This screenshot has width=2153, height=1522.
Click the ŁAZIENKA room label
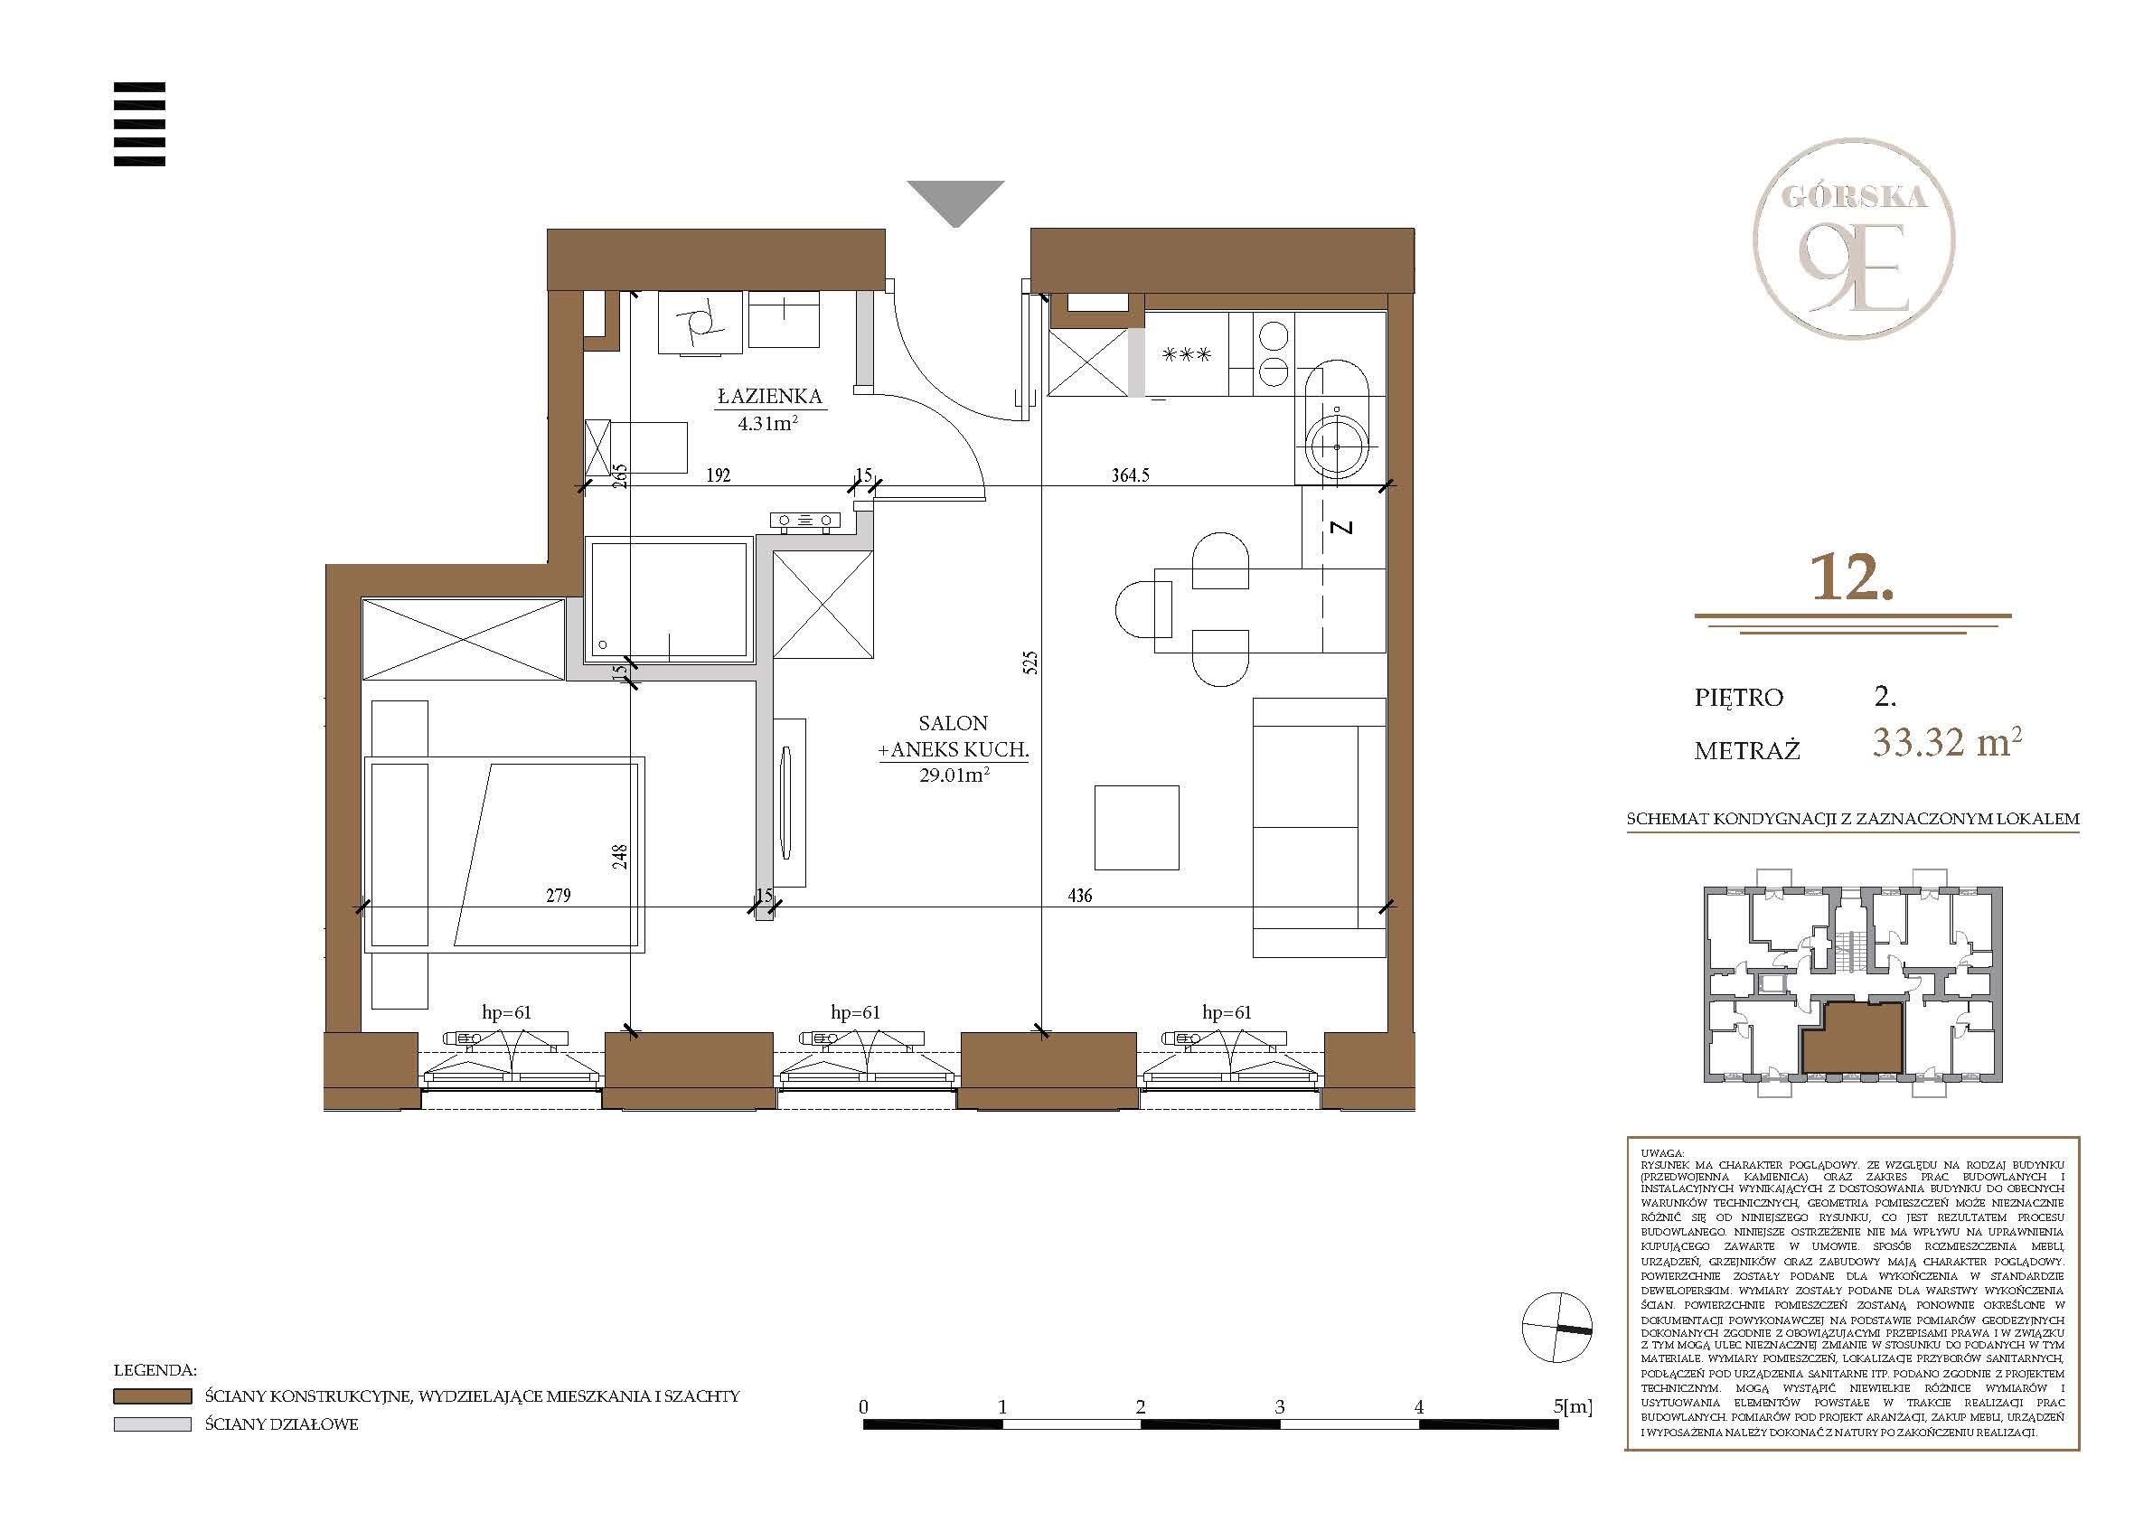[x=770, y=397]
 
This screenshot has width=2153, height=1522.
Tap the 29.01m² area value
[x=954, y=775]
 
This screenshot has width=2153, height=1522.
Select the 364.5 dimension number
[x=1130, y=475]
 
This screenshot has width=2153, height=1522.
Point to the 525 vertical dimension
[x=1030, y=663]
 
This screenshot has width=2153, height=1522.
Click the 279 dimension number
[x=558, y=896]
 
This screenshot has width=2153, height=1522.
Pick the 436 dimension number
[x=1079, y=896]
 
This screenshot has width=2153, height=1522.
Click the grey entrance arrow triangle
[x=955, y=202]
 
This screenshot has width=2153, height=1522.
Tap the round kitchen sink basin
[x=1336, y=448]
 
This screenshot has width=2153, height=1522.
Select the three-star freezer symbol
[x=1186, y=355]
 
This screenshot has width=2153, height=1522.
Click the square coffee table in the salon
[x=1136, y=828]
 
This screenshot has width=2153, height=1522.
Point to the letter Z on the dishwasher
[x=1343, y=528]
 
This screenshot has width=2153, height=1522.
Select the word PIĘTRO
[x=1738, y=698]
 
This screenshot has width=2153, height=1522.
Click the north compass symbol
[x=1556, y=1327]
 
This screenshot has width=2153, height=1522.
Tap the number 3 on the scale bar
[x=1280, y=1406]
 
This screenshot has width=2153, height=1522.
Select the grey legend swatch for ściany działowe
[x=152, y=1423]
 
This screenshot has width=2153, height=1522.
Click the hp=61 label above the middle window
[x=855, y=1013]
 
